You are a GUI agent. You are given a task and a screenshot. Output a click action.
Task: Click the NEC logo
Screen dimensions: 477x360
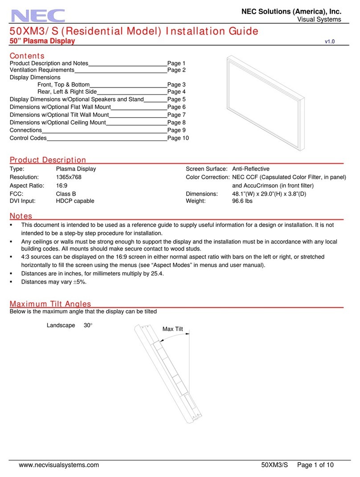point(38,16)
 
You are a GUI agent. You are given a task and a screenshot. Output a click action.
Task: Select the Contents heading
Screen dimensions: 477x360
point(27,56)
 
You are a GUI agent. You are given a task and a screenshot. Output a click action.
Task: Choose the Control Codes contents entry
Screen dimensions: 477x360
point(28,138)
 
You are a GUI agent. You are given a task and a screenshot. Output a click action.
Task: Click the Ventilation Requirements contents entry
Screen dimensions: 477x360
point(41,70)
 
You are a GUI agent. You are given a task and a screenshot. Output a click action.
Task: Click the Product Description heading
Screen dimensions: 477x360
point(48,160)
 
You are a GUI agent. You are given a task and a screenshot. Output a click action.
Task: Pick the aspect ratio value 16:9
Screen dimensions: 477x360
point(61,185)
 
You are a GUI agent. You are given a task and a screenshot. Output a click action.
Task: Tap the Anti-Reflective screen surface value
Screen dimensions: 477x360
point(251,169)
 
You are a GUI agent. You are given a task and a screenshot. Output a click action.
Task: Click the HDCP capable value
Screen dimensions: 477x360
point(75,201)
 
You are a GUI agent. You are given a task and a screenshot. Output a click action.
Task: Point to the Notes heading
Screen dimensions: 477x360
point(21,216)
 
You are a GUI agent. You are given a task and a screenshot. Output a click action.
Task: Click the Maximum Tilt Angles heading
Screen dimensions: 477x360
point(50,304)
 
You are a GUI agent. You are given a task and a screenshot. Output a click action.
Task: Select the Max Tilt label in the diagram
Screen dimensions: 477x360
point(173,329)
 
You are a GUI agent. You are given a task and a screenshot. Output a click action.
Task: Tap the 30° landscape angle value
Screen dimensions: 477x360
point(88,325)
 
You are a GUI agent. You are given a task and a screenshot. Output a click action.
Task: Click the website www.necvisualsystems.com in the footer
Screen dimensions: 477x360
point(59,465)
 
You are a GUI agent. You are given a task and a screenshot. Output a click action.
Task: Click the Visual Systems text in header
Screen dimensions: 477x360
point(319,19)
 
